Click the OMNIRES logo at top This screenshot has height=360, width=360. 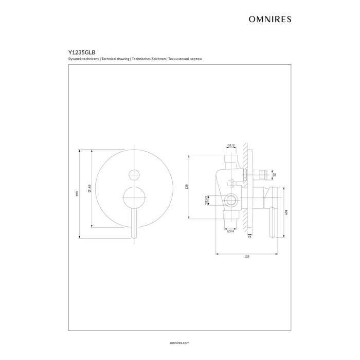270,20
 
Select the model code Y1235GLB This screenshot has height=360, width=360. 82,52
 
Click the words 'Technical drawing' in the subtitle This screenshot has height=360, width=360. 115,59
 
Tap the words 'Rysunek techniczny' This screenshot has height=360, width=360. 83,59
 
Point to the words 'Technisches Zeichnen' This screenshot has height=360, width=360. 149,59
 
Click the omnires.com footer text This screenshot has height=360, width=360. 180,343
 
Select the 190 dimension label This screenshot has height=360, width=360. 77,194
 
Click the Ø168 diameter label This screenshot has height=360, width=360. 89,188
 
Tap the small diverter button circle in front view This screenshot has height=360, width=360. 134,175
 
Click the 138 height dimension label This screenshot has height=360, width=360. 187,186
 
